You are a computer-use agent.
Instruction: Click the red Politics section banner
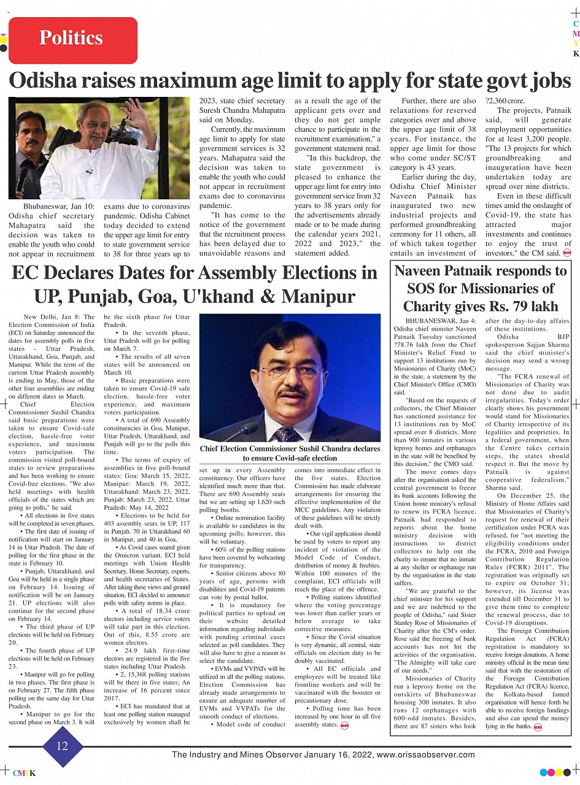pyautogui.click(x=72, y=39)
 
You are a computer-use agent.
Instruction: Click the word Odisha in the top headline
pyautogui.click(x=51, y=81)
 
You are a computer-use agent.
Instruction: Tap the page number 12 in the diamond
pyautogui.click(x=63, y=746)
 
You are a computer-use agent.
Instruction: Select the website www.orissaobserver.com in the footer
pyautogui.click(x=425, y=755)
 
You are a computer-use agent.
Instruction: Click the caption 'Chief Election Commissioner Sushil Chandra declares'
pyautogui.click(x=289, y=448)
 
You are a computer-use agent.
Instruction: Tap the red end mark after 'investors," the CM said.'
pyautogui.click(x=567, y=253)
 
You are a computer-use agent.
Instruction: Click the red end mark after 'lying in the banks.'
pyautogui.click(x=538, y=727)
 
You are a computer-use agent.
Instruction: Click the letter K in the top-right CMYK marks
pyautogui.click(x=576, y=54)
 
